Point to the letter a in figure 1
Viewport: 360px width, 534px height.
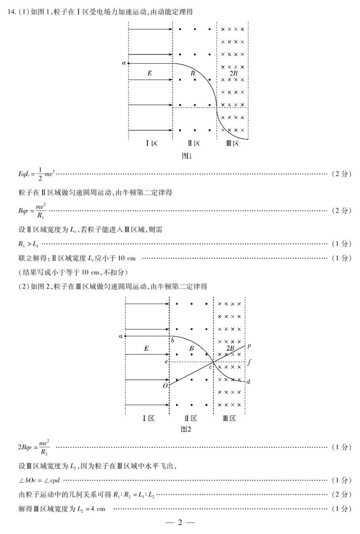click(124, 63)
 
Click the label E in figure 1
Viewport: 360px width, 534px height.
click(150, 73)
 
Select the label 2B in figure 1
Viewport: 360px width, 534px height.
click(233, 73)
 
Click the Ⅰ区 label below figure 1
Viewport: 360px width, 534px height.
click(152, 143)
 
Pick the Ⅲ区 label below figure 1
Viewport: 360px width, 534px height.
click(233, 143)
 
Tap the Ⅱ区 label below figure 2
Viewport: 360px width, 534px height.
click(191, 418)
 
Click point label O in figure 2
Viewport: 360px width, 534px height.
click(165, 386)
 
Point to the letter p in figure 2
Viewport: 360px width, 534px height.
click(249, 346)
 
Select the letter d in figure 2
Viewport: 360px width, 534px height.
click(248, 382)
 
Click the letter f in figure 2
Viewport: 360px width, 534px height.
click(249, 362)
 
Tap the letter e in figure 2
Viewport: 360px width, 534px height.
click(166, 362)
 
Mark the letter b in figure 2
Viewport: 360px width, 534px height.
click(172, 340)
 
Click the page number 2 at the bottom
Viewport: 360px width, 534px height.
click(180, 523)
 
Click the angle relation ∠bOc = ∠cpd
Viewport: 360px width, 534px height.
click(39, 481)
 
